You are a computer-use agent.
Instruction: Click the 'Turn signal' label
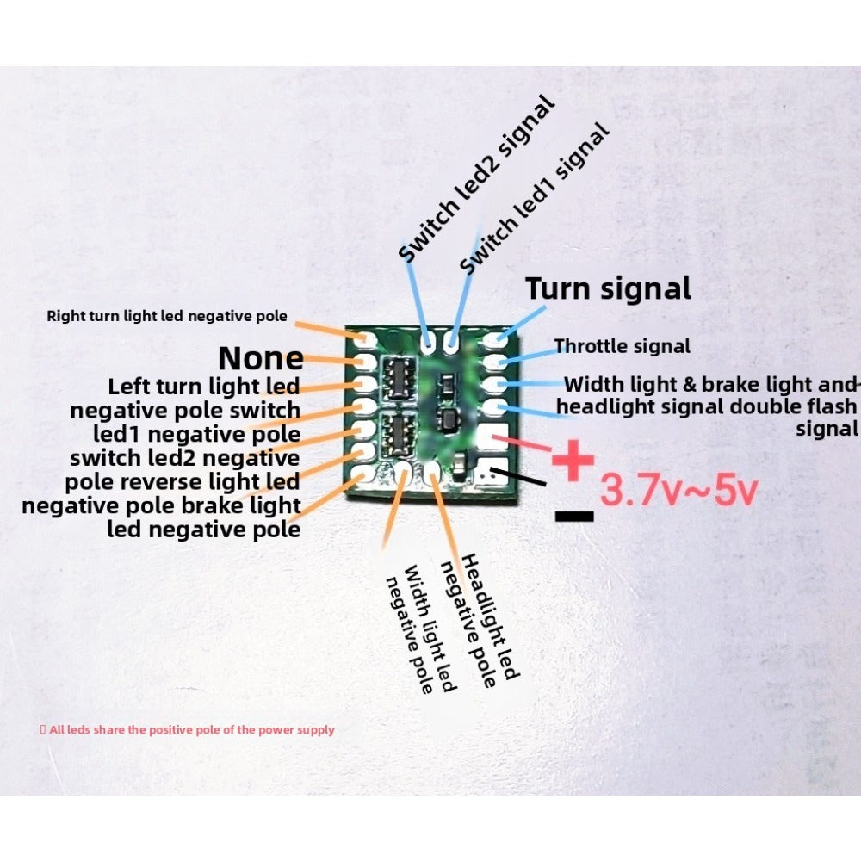point(608,288)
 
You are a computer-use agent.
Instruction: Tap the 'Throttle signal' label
point(622,346)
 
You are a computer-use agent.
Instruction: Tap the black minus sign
point(574,516)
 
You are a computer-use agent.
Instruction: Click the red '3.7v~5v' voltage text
point(678,491)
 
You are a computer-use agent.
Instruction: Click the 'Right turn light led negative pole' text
point(167,316)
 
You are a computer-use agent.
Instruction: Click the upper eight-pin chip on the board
point(398,377)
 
